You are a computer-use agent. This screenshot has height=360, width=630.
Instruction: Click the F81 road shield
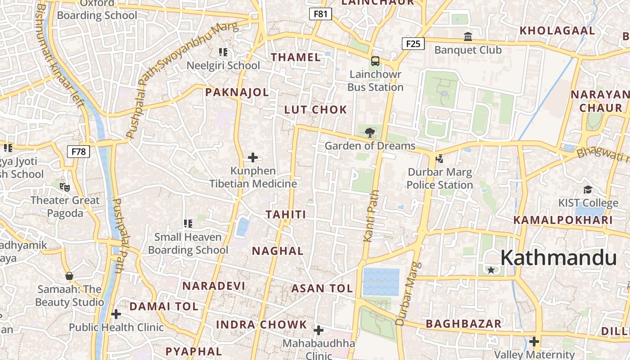[x=320, y=14]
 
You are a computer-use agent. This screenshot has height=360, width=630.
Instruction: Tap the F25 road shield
[x=413, y=44]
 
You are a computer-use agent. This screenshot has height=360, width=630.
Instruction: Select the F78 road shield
[x=78, y=151]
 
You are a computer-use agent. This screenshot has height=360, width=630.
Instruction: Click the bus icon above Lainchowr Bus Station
[x=375, y=61]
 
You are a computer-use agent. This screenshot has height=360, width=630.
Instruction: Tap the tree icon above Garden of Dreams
[x=369, y=132]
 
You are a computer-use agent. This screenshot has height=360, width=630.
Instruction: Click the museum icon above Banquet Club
[x=468, y=36]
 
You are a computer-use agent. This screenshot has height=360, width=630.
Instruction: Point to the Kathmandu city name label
[x=558, y=258]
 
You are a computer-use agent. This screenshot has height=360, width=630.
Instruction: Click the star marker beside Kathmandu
[x=491, y=270]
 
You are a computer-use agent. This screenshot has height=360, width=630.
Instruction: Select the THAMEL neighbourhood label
[x=296, y=57]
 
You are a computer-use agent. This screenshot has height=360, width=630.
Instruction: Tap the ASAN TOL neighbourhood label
[x=322, y=288]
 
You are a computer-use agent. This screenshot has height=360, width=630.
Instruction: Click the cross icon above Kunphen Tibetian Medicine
[x=253, y=157]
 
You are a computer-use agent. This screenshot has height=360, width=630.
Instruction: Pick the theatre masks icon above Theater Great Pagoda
[x=65, y=186]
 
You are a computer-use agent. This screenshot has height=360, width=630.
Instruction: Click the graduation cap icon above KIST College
[x=588, y=190]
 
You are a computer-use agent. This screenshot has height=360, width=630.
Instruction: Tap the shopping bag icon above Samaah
[x=69, y=276]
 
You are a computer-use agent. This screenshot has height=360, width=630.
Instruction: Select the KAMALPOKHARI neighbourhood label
[x=563, y=220]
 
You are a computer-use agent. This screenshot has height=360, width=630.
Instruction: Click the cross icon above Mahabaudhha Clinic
[x=319, y=331]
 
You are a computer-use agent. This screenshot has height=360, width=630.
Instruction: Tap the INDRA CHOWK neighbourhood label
[x=261, y=324]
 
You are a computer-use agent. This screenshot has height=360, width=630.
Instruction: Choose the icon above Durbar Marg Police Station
[x=439, y=158]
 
